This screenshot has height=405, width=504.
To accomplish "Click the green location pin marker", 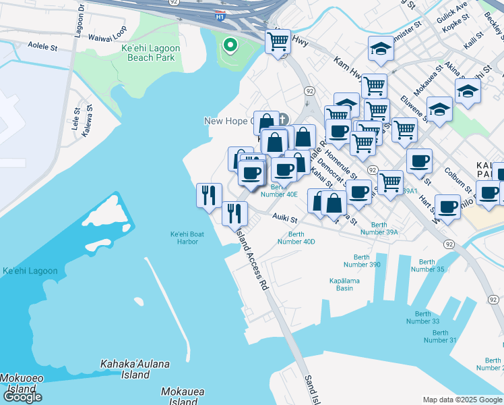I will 230,46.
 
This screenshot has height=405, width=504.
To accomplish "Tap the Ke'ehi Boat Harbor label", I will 184,238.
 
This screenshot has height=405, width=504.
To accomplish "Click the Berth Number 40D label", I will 296,238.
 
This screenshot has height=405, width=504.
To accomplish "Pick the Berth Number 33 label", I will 422,317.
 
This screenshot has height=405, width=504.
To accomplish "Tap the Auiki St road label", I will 286,218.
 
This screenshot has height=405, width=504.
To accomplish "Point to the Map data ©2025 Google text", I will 462,400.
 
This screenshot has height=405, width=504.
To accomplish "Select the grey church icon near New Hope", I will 283,119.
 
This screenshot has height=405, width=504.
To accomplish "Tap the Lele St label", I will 76,119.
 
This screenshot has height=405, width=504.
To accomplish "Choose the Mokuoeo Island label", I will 17,384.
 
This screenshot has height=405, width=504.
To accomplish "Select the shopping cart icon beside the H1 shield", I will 278,42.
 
